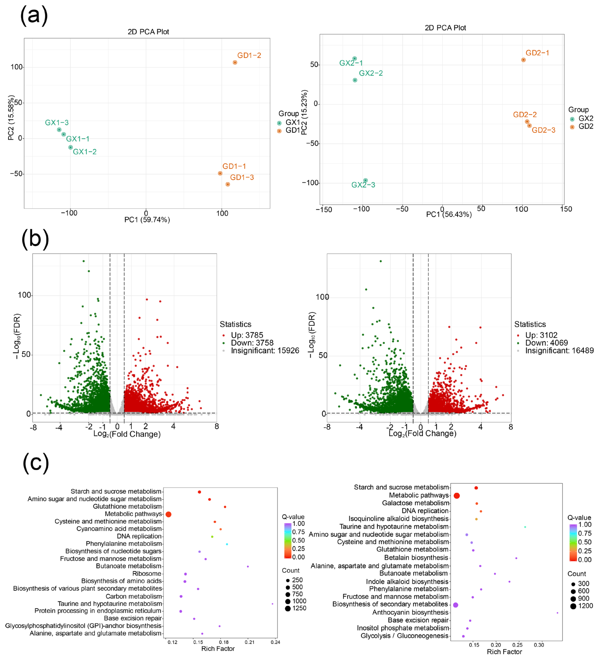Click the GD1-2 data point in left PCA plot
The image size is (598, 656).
point(235,62)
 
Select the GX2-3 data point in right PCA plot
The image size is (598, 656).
point(365,180)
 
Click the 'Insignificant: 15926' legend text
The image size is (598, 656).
point(265,351)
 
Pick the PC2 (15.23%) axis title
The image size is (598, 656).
point(304,112)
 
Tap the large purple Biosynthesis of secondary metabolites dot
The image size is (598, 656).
point(455,605)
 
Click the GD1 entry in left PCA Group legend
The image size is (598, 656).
point(292,130)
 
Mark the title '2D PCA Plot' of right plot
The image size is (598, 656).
point(445,28)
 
